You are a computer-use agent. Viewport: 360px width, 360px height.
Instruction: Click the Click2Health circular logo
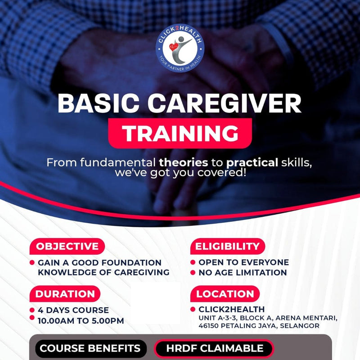180,44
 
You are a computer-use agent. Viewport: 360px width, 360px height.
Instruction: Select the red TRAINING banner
180,133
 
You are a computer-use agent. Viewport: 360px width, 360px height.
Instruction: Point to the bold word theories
184,162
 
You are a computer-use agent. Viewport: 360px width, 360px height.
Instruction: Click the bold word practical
252,162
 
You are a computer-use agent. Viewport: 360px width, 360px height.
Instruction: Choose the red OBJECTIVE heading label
67,247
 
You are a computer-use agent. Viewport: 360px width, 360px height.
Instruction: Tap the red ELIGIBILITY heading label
227,247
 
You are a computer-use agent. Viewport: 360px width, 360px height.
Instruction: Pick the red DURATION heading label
65,294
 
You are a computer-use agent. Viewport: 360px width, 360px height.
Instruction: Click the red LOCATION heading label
225,294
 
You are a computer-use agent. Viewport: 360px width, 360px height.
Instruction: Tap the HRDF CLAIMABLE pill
214,348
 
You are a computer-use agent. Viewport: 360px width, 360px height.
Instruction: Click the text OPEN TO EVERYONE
243,262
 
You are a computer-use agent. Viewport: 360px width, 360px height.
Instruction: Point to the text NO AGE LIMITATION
243,272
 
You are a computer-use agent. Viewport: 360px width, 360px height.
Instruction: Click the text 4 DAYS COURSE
73,310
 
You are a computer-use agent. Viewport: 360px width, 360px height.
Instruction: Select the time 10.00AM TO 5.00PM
81,320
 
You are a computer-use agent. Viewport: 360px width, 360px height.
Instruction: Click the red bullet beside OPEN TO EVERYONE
193,262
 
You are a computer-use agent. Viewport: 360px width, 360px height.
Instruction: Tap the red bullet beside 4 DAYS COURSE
32,310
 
